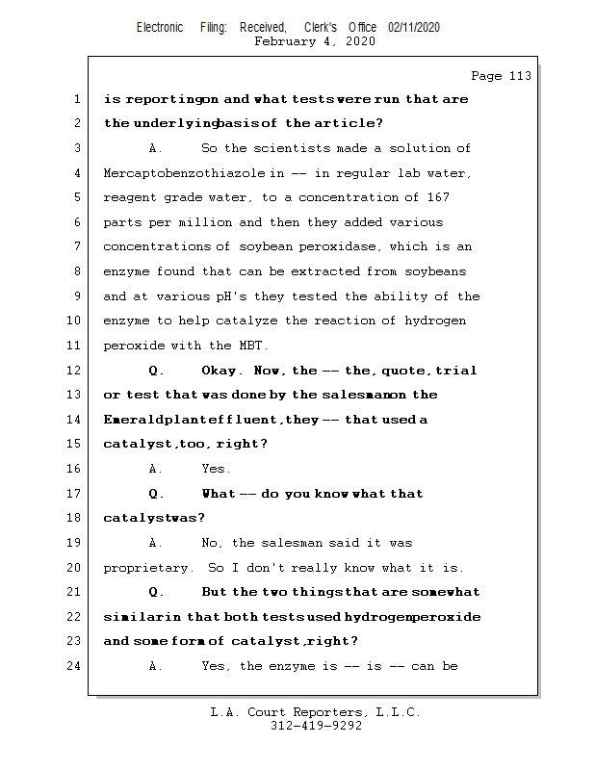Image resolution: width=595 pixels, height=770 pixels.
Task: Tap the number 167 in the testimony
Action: click(437, 197)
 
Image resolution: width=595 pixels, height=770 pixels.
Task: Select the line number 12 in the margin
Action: click(74, 371)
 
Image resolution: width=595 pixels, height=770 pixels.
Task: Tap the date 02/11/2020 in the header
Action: click(414, 27)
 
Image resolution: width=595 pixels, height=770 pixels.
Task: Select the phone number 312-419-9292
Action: click(316, 727)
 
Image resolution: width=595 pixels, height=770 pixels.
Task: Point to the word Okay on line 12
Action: click(220, 371)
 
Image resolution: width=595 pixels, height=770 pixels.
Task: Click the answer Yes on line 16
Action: click(216, 469)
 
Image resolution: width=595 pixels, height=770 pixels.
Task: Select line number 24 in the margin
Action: click(74, 666)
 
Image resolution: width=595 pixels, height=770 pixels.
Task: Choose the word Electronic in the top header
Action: click(159, 27)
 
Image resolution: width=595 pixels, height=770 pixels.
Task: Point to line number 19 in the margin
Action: click(74, 543)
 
